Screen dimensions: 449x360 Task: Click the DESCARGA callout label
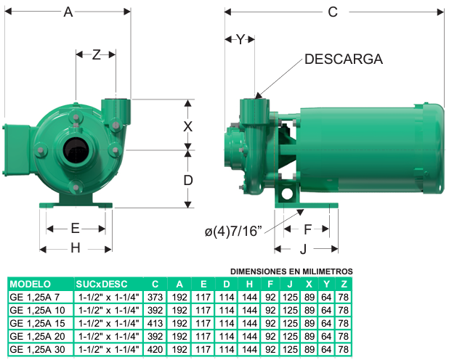point(344,60)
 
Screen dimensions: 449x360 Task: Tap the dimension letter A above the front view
point(68,12)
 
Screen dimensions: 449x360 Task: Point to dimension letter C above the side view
point(333,12)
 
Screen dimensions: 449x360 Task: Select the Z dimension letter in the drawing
point(96,54)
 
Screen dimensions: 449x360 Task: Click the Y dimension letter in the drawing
point(240,39)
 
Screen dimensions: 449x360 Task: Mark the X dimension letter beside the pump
point(188,126)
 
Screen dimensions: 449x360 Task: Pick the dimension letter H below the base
point(76,248)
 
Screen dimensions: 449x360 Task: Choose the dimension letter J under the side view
point(303,249)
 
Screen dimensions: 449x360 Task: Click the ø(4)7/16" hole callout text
point(233,232)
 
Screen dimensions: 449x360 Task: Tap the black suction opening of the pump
point(76,150)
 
